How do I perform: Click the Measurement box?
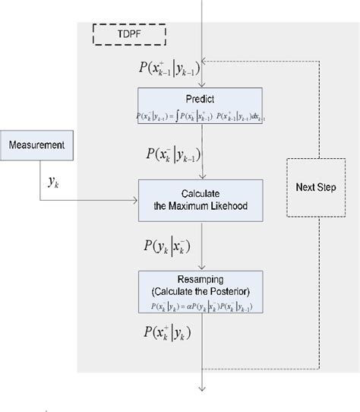click(x=37, y=144)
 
